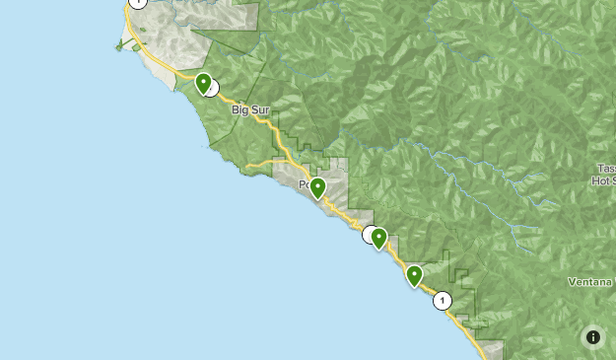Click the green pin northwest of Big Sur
pyautogui.click(x=203, y=85)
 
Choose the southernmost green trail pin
pyautogui.click(x=414, y=276)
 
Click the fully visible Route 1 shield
pyautogui.click(x=443, y=301)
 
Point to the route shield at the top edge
pyautogui.click(x=138, y=3)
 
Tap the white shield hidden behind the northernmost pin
pyautogui.click(x=211, y=88)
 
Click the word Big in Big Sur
pyautogui.click(x=241, y=110)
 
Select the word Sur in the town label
pyautogui.click(x=259, y=110)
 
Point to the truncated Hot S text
pyautogui.click(x=603, y=180)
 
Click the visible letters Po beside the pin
pyautogui.click(x=306, y=184)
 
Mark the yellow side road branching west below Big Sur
pyautogui.click(x=262, y=162)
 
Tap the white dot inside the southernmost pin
pyautogui.click(x=414, y=273)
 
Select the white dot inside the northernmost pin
pyautogui.click(x=203, y=81)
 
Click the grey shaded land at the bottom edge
pyautogui.click(x=490, y=349)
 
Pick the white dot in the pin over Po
pyautogui.click(x=317, y=184)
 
